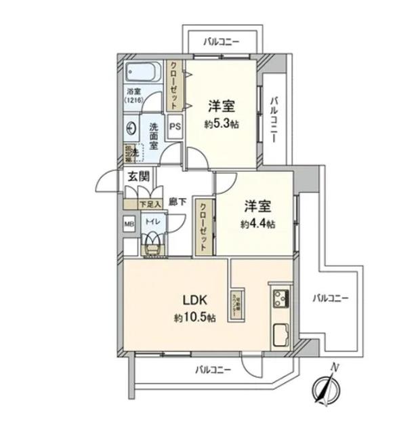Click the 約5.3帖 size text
[x=221, y=124]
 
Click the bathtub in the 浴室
[x=142, y=71]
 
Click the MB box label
[x=129, y=223]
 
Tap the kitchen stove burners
[x=280, y=298]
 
